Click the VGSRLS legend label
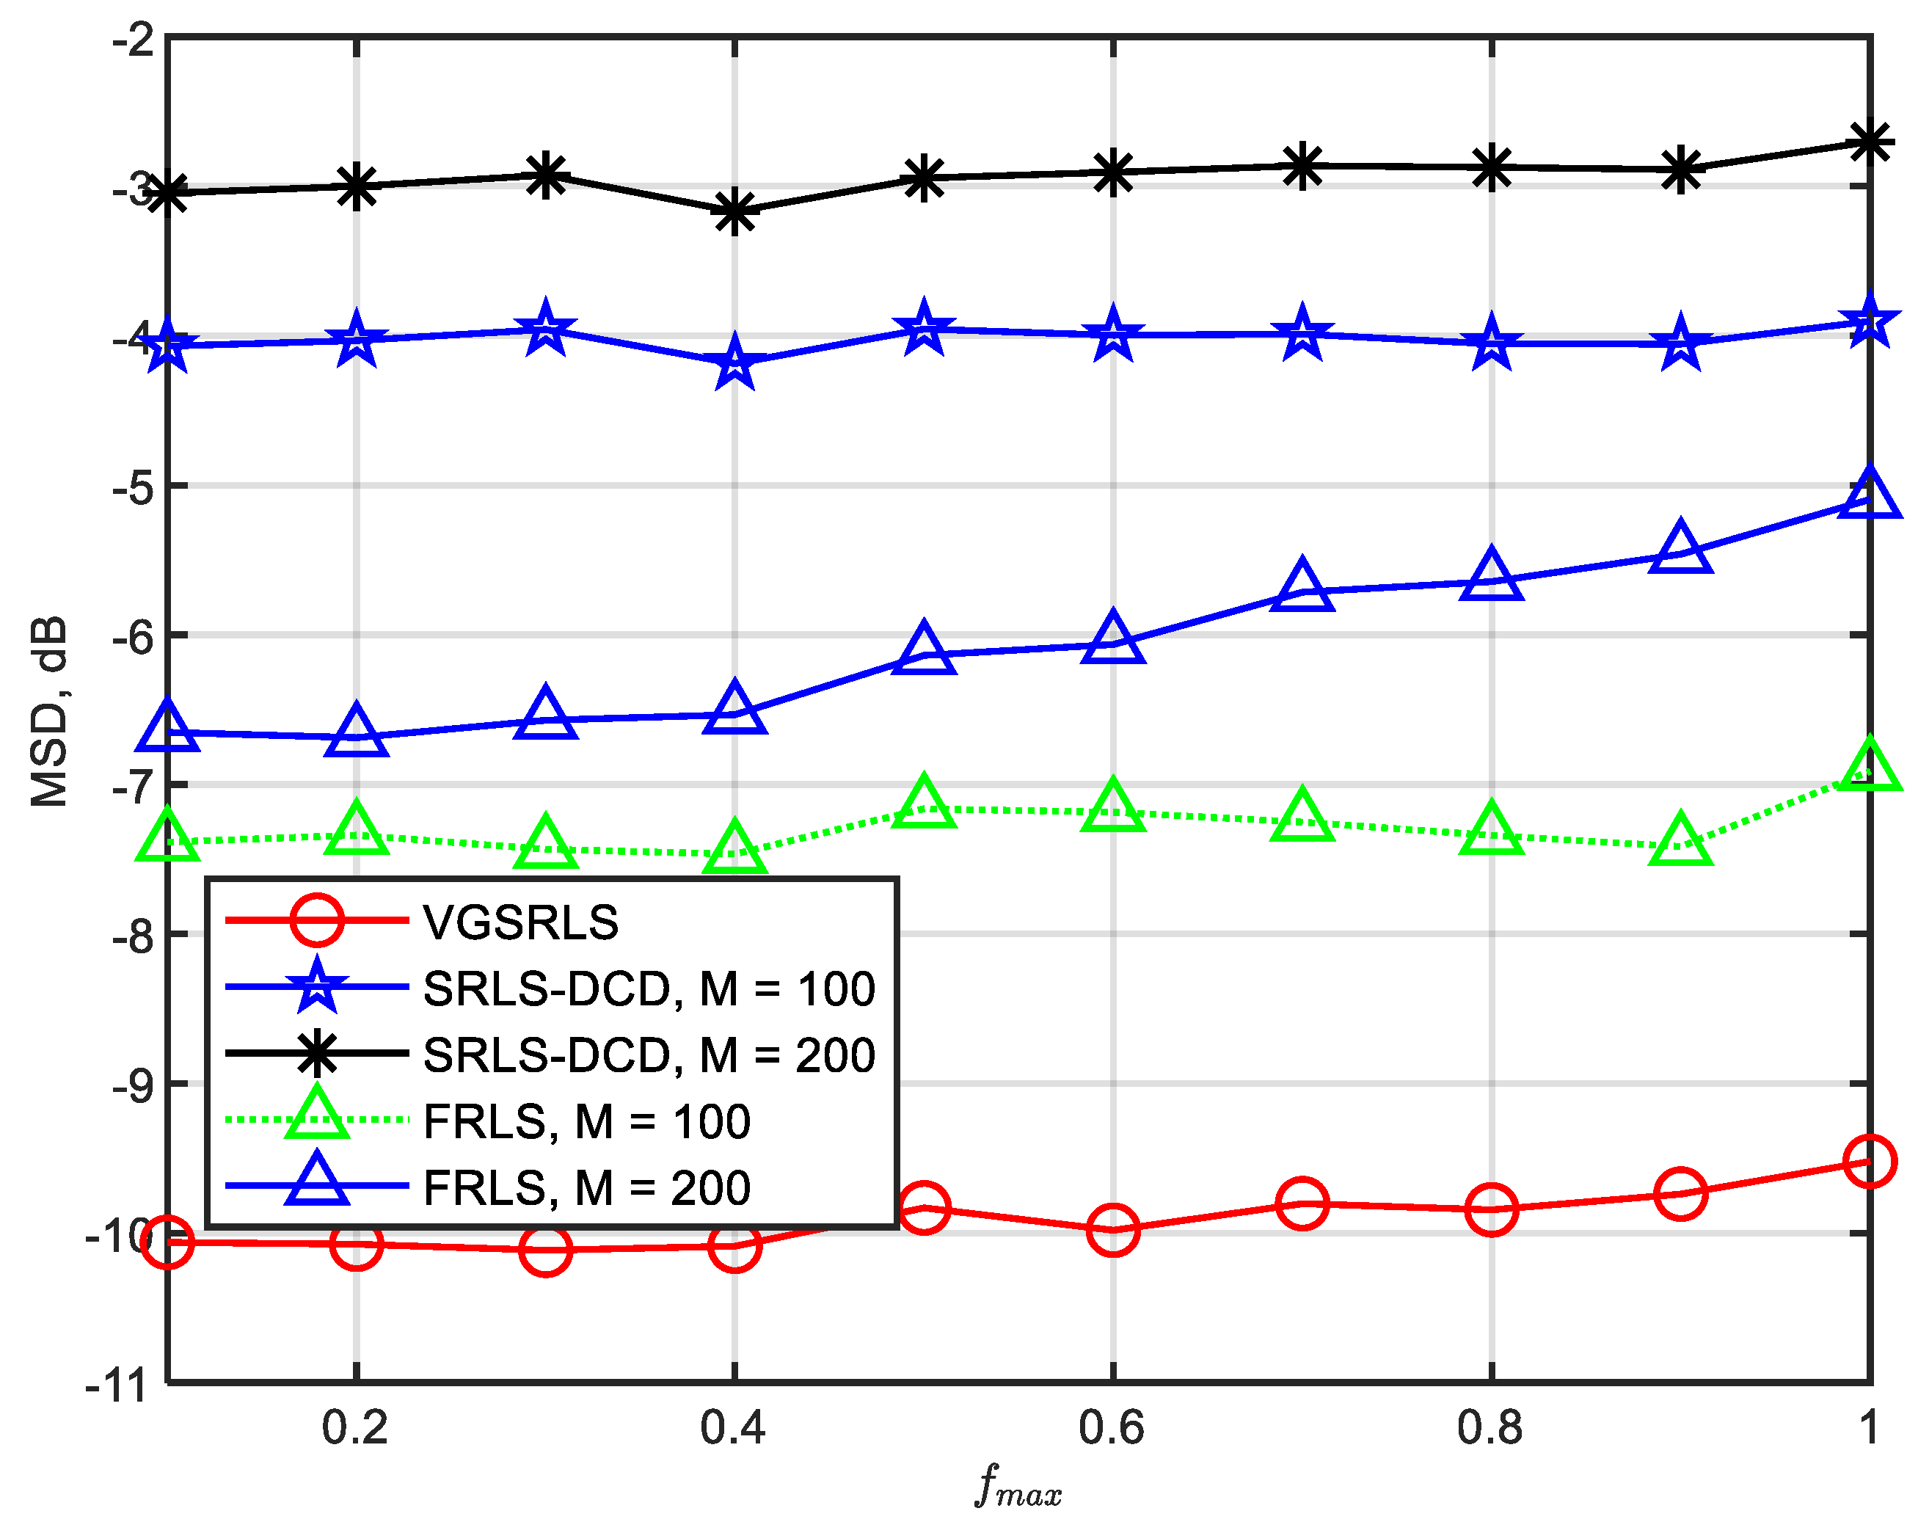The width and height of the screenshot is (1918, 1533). point(520,922)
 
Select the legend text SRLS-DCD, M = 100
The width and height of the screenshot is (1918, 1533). point(649,988)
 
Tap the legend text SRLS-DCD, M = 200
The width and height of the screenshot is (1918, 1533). point(649,1055)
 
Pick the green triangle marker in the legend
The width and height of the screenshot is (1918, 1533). point(317,1115)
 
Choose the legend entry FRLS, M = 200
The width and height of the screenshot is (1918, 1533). point(586,1188)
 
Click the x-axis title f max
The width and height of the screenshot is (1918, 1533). point(1018,1485)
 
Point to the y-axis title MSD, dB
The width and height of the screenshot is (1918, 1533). point(49,712)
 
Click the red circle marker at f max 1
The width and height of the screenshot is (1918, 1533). point(1869,1161)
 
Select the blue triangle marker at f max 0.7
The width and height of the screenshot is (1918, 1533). point(1302,587)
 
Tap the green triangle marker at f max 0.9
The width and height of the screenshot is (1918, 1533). point(1680,841)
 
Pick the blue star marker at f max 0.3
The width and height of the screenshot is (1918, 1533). point(545,330)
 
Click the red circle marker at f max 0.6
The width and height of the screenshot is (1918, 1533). point(1113,1231)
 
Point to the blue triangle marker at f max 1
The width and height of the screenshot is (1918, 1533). point(1869,495)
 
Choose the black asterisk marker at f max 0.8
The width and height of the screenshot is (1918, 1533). point(1492,167)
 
